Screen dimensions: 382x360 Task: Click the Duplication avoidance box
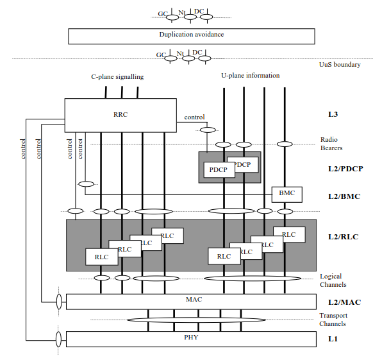point(192,37)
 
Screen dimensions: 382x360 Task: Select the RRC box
point(120,116)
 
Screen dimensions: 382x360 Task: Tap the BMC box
point(287,194)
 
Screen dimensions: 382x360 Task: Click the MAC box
point(191,302)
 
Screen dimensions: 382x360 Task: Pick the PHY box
point(191,339)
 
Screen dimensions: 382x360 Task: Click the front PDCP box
point(219,170)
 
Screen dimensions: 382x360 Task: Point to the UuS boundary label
point(340,65)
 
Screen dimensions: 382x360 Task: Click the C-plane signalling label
point(117,77)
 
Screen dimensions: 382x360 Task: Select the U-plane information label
point(251,76)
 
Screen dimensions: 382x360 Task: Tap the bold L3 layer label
point(333,114)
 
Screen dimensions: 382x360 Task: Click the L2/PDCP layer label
point(345,169)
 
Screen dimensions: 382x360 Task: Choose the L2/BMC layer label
point(344,196)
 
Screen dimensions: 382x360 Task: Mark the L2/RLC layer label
point(344,237)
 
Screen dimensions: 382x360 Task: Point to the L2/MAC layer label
point(344,302)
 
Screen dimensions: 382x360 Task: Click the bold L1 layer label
point(333,339)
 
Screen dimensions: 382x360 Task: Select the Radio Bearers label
point(331,144)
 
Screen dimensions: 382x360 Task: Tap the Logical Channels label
point(333,280)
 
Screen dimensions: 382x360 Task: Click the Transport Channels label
point(333,320)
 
